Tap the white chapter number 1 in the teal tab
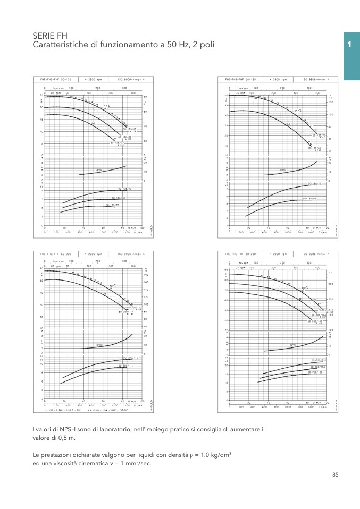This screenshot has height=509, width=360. (x=349, y=45)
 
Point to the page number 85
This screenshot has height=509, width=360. (x=335, y=475)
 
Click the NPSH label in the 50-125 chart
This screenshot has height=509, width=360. (x=98, y=171)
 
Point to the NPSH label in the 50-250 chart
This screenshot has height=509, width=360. (x=292, y=345)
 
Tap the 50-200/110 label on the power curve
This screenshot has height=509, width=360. (x=131, y=358)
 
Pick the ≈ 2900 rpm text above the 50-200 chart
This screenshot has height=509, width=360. (x=95, y=254)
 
